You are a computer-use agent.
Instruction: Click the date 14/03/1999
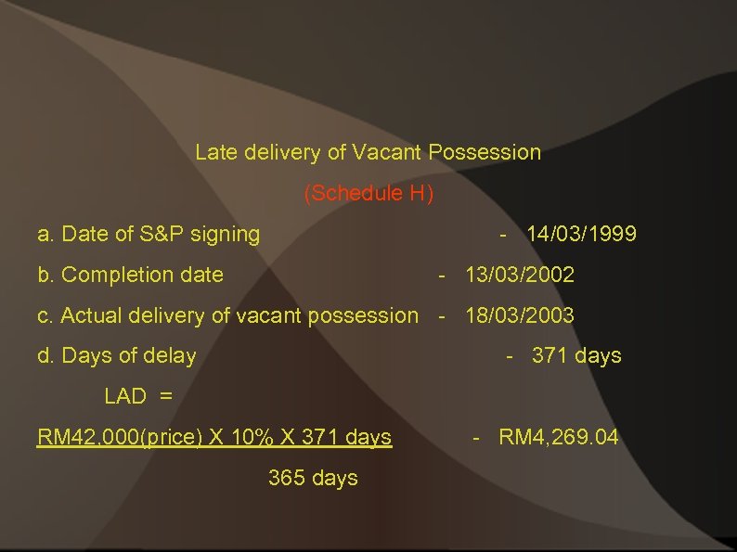[581, 234]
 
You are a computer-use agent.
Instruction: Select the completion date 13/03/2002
[520, 275]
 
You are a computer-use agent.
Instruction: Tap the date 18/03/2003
[520, 315]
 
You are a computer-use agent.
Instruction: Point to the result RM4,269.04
[558, 436]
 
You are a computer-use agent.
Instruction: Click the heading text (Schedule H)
[368, 194]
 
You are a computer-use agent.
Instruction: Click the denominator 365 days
[313, 478]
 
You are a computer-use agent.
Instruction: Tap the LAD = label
[138, 396]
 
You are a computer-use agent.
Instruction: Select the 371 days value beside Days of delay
[576, 355]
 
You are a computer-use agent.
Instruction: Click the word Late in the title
[216, 152]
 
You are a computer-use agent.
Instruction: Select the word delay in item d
[171, 355]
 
